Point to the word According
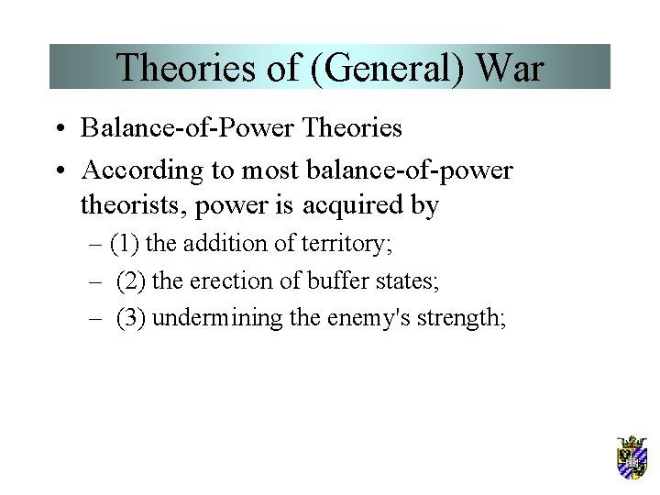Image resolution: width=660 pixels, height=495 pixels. pos(134,170)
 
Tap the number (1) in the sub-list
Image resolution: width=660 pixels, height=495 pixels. pos(125,245)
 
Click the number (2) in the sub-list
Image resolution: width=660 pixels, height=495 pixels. pos(131,280)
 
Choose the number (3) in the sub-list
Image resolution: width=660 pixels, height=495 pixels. pos(131,317)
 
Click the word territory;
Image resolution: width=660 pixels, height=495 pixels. pos(356,245)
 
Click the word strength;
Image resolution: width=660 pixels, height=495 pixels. pos(460,317)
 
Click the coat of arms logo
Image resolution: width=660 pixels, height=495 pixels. pos(632,458)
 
